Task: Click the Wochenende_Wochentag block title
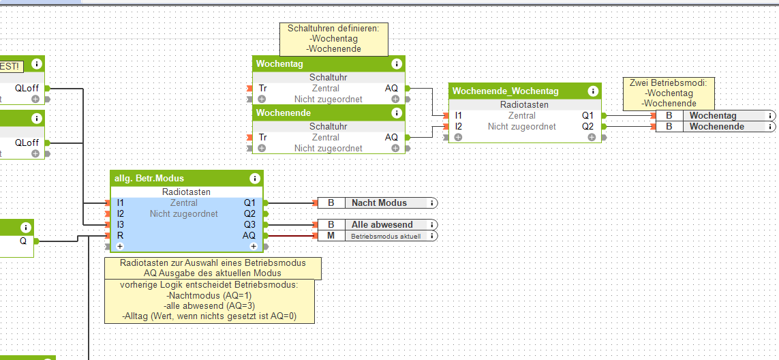click(x=506, y=91)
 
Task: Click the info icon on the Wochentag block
click(x=397, y=63)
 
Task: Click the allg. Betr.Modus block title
click(x=149, y=178)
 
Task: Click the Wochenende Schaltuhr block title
click(x=284, y=112)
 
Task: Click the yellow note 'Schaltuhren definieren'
click(x=333, y=39)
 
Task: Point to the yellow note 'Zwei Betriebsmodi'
click(x=669, y=93)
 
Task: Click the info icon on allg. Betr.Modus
click(x=255, y=178)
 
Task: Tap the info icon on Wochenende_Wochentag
click(x=593, y=91)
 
